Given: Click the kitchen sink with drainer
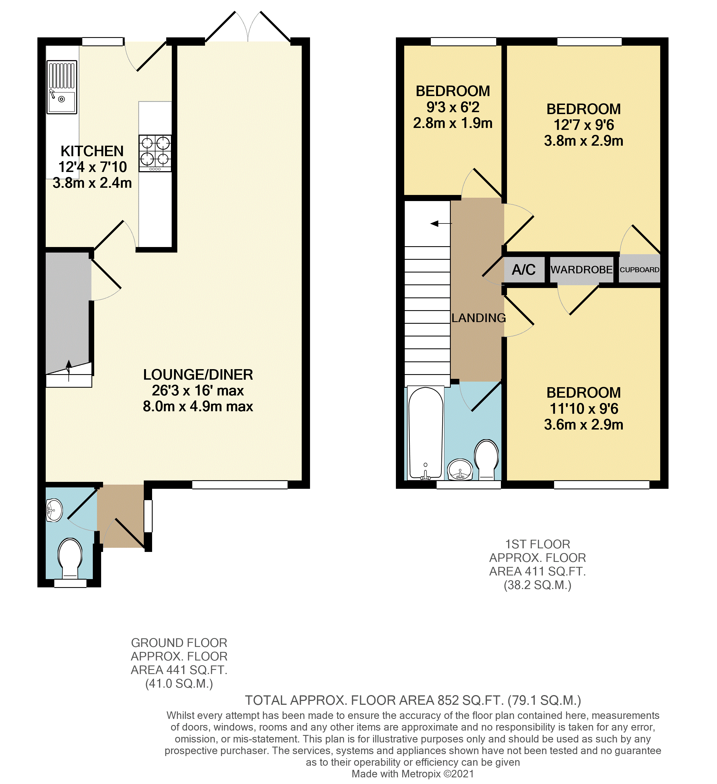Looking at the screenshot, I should tap(62, 87).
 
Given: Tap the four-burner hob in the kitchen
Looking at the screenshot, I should tap(155, 153).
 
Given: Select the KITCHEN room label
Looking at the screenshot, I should tap(92, 151).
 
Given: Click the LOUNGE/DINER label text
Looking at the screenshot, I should tap(198, 374).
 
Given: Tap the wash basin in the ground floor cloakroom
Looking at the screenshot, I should tap(54, 510).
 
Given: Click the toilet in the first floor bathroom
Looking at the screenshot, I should tap(486, 459).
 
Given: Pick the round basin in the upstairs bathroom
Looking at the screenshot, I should tap(460, 470).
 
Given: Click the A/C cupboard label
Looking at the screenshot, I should tap(524, 269).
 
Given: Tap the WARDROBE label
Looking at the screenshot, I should tap(581, 269).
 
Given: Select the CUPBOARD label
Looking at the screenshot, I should tap(639, 269).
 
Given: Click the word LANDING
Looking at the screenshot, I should tap(478, 318).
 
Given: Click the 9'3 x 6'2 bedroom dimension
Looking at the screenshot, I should tap(453, 107).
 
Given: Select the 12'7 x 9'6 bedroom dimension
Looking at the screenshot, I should tap(583, 125).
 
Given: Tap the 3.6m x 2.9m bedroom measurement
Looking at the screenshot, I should tap(583, 424).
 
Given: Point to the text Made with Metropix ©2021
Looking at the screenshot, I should tap(413, 773).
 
